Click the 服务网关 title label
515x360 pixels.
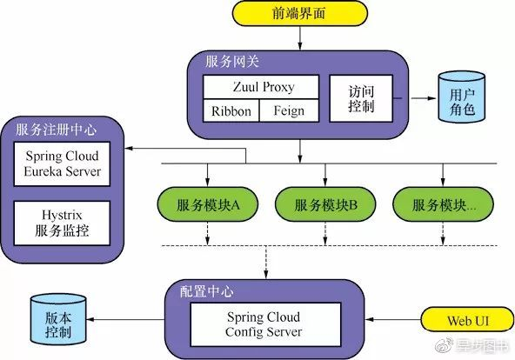pos(231,63)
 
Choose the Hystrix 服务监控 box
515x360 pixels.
pos(63,224)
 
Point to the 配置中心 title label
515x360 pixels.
pos(206,290)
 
